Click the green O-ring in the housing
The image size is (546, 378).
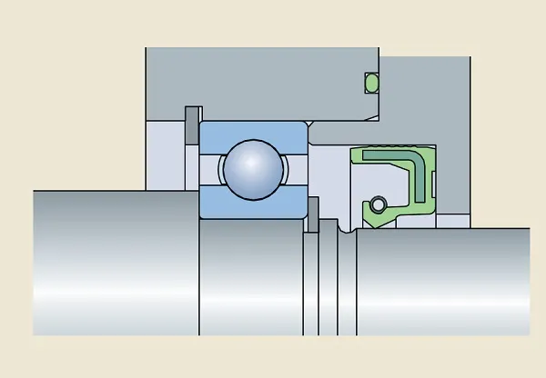click(370, 83)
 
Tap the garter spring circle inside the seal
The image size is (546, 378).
click(377, 204)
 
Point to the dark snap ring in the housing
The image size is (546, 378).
click(191, 125)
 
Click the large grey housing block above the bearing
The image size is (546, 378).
click(264, 82)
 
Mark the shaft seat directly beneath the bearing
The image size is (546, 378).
click(250, 273)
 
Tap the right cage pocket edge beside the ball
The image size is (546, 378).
click(288, 168)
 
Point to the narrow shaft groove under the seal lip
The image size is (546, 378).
click(346, 234)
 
